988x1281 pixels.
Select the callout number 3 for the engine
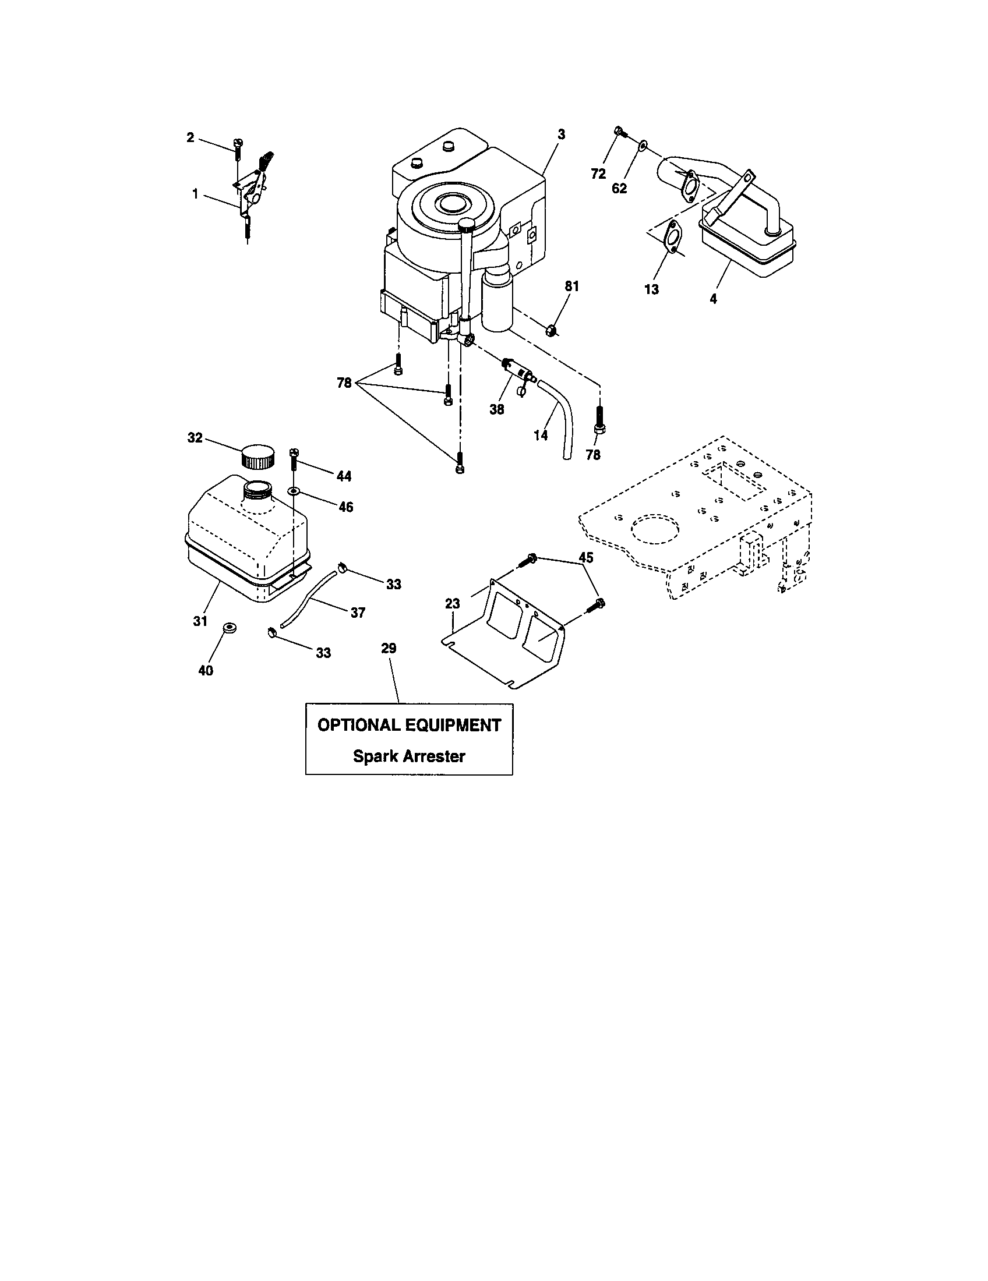pos(562,135)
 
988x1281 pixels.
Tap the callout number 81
pos(571,286)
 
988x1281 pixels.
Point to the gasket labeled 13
pos(672,238)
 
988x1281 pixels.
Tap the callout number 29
pos(389,648)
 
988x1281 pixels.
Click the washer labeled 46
pos(294,490)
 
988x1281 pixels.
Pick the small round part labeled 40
pos(229,629)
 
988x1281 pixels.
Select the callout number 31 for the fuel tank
pos(200,621)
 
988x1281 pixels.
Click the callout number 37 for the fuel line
pos(358,613)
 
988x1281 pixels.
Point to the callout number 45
pos(586,558)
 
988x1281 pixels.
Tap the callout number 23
pos(452,604)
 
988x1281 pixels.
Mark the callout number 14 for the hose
pos(541,435)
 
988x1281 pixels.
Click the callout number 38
pos(497,409)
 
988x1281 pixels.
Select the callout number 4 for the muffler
pos(713,299)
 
